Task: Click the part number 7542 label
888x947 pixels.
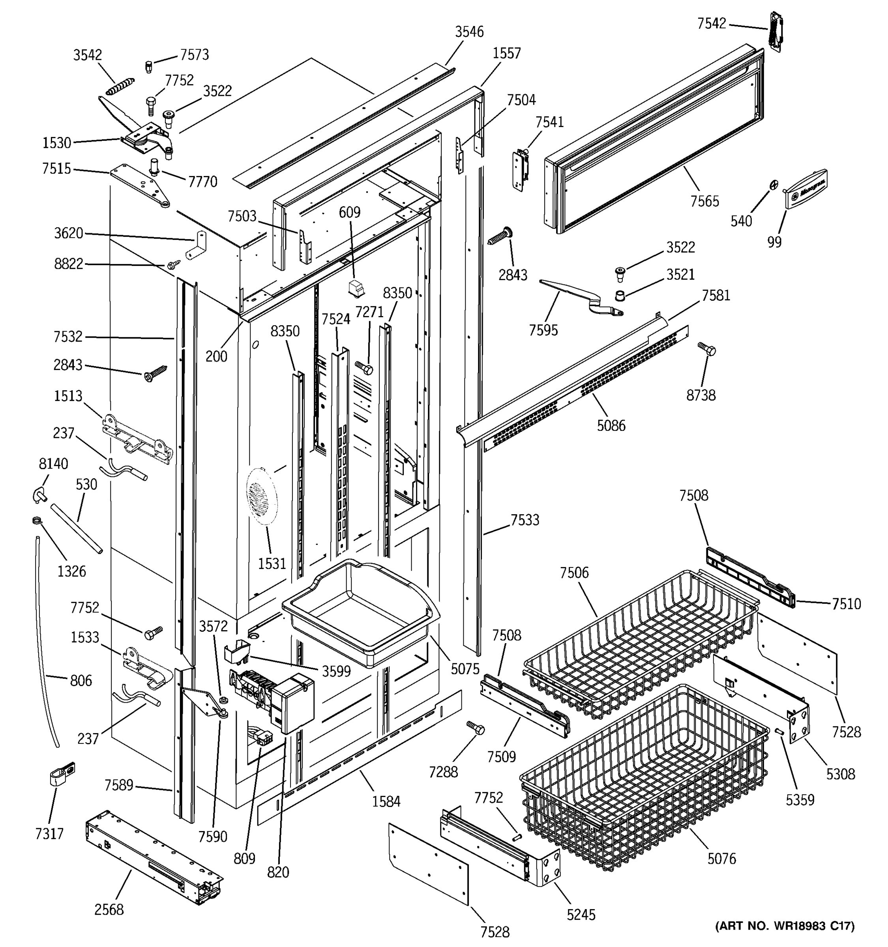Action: click(711, 23)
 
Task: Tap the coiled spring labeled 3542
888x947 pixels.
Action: click(120, 87)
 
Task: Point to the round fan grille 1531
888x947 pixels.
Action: click(262, 496)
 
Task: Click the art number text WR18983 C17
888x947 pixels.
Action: click(785, 926)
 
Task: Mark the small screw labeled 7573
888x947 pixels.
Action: click(148, 66)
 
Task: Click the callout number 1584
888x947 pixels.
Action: click(386, 802)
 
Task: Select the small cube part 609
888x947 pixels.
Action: click(355, 289)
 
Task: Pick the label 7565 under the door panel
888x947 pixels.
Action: click(704, 201)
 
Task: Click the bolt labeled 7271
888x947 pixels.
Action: click(364, 367)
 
